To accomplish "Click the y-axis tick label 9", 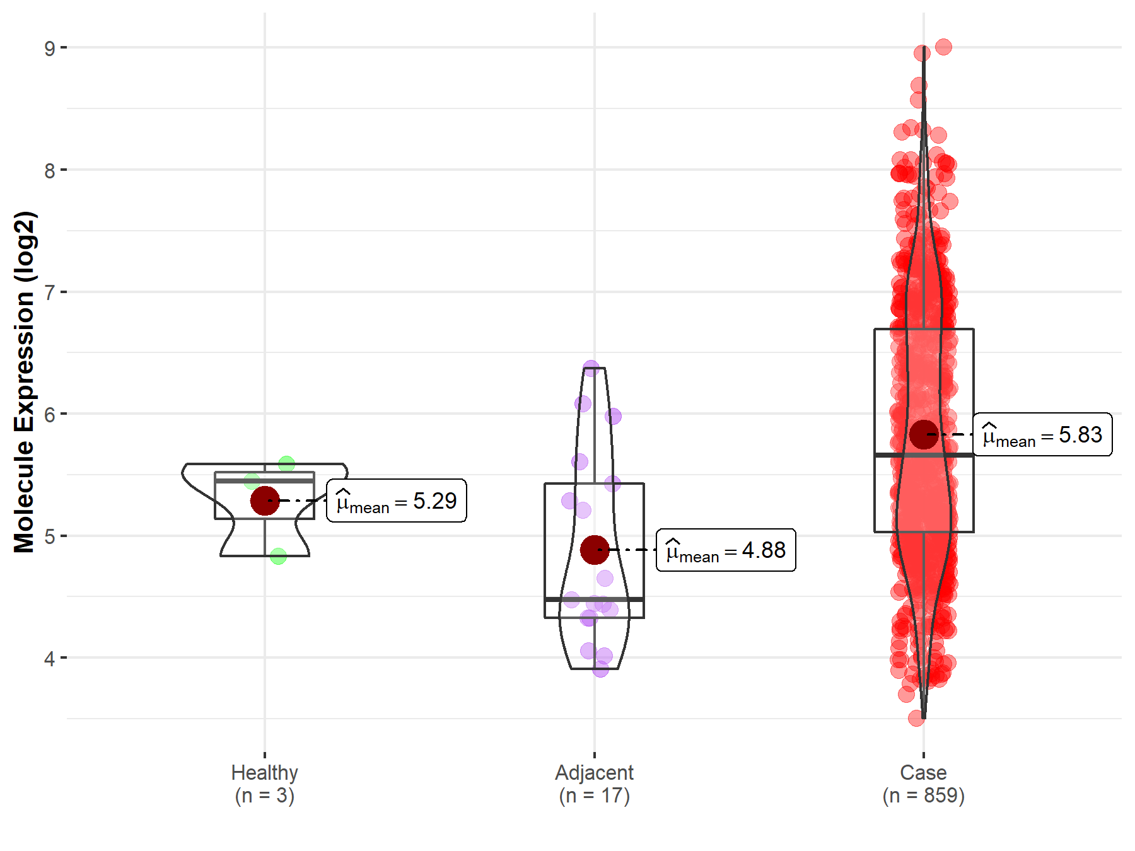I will click(50, 48).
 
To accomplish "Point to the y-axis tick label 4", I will click(50, 659).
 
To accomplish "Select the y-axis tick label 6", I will click(50, 415).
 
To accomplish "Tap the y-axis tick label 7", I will click(50, 292).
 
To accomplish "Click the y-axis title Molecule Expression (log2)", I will click(24, 382).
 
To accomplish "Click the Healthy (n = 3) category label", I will click(264, 784).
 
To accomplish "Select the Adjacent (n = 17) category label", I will click(594, 784).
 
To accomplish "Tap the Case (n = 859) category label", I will click(923, 784).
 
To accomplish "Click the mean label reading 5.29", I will click(397, 501).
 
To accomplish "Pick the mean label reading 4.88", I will click(726, 550).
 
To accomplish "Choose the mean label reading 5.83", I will click(1042, 435).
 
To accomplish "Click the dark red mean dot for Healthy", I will click(265, 501).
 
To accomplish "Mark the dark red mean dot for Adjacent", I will click(595, 550).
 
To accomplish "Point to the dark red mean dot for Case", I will click(924, 435).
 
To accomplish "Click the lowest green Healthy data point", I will click(278, 556).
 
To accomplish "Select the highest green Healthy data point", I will click(286, 464).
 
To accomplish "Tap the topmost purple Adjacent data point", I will click(591, 368).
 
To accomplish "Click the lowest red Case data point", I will click(916, 718).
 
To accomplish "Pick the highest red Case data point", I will click(943, 47).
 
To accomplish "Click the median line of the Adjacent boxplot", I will click(594, 599).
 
